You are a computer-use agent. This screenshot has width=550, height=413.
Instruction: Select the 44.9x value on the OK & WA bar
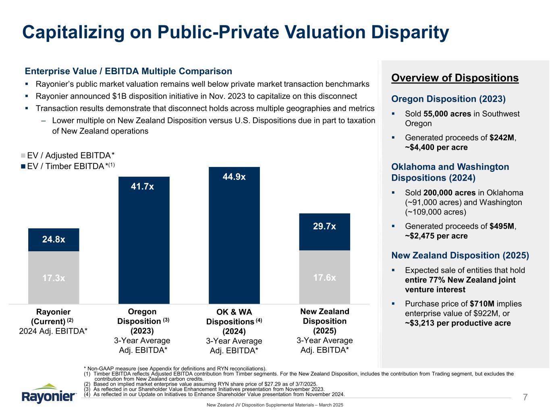(234, 177)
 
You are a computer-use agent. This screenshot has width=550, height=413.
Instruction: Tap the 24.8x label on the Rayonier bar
(54, 239)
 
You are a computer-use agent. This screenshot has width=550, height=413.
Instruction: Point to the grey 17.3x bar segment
(54, 278)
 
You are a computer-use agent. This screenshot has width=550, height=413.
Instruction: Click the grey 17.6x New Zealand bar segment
(324, 277)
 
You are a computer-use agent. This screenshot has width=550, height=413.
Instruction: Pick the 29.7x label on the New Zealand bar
(324, 227)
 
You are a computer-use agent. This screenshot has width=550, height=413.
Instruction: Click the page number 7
(525, 397)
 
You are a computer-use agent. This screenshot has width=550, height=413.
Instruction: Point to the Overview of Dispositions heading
(455, 78)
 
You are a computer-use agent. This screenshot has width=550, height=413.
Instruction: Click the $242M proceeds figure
(502, 138)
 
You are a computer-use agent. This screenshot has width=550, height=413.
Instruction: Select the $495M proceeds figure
(502, 226)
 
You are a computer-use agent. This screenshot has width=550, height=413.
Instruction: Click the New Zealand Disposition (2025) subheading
(460, 255)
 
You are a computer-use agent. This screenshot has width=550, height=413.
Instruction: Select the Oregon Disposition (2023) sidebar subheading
(448, 99)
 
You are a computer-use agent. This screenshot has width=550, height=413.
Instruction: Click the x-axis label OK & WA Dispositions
(234, 317)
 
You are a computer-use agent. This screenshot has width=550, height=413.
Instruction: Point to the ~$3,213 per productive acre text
(458, 323)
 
